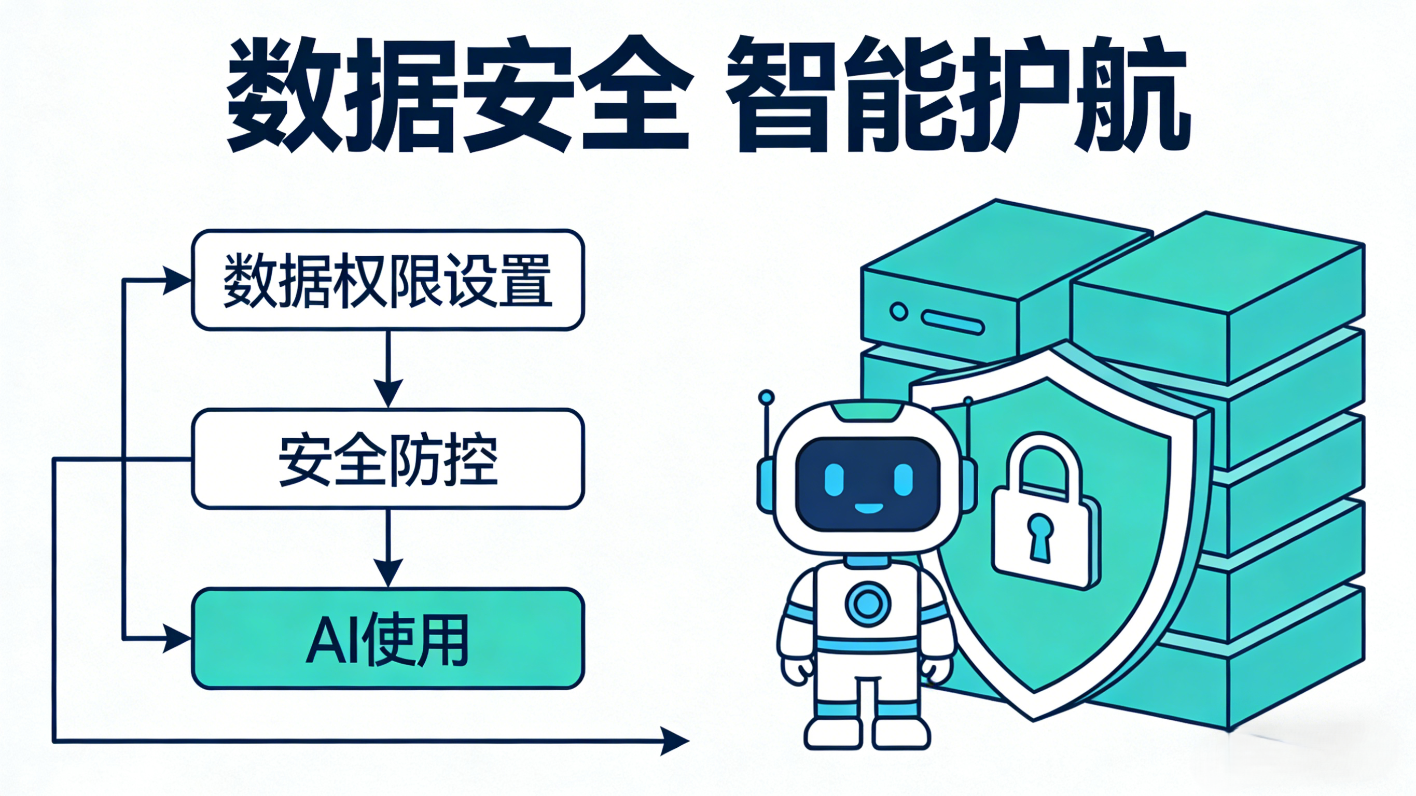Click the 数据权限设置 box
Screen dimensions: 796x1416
387,280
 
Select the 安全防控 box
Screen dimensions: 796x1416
387,459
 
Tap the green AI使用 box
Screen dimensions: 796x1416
387,639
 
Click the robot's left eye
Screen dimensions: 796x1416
834,479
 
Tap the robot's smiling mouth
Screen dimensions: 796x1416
868,507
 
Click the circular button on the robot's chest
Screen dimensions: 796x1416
868,605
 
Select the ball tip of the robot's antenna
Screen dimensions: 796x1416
766,397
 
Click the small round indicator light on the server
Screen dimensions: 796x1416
898,312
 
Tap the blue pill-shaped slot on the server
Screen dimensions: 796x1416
953,322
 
